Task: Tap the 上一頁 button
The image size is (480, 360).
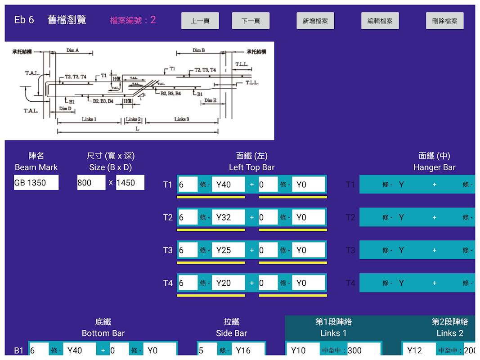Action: click(x=200, y=21)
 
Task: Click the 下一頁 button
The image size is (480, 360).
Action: click(x=251, y=21)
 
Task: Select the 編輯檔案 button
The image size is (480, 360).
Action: click(x=380, y=21)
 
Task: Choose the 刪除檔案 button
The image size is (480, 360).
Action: click(x=444, y=21)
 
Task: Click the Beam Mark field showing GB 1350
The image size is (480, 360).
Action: click(x=36, y=183)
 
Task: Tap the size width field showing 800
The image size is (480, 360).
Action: click(x=91, y=183)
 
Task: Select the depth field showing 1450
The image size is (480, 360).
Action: click(x=130, y=183)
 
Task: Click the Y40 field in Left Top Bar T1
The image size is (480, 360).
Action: click(x=228, y=184)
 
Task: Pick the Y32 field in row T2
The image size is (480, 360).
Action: click(x=228, y=217)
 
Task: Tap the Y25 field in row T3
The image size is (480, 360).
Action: click(x=228, y=250)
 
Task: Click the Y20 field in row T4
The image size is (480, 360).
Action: click(x=228, y=283)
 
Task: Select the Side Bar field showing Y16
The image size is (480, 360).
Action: click(x=248, y=350)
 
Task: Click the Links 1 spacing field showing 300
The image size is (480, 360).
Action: click(x=363, y=350)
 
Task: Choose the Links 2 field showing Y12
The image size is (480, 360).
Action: click(x=419, y=350)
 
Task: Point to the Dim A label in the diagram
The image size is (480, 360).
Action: click(x=73, y=50)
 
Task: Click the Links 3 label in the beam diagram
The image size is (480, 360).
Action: click(x=182, y=119)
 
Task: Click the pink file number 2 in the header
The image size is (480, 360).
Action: click(x=153, y=20)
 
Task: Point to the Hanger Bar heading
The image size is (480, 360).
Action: click(x=434, y=167)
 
